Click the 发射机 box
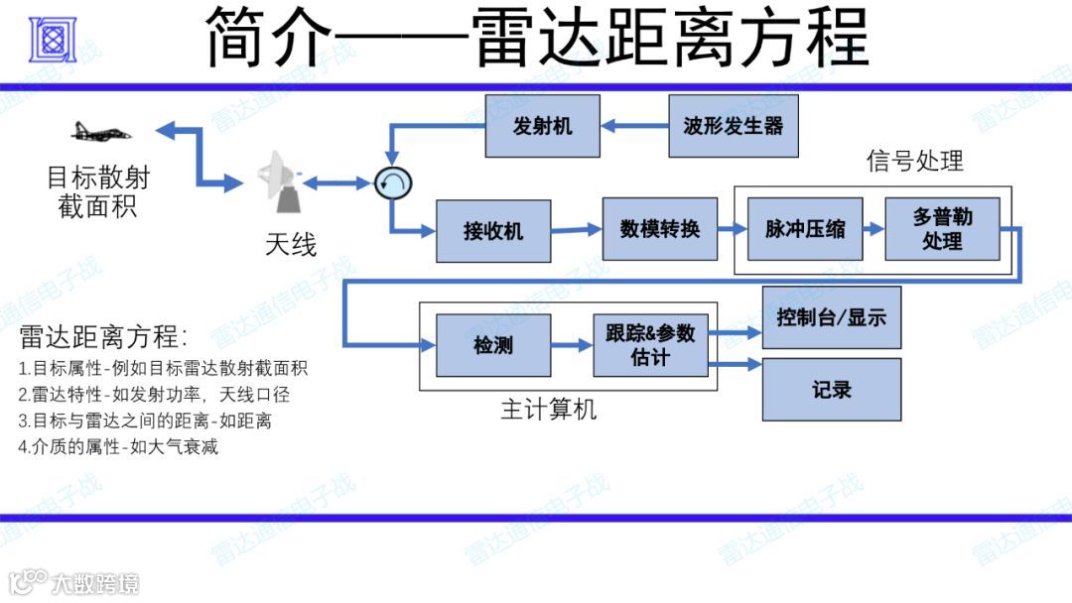pos(542,126)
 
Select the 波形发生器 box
pos(733,126)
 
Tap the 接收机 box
pos(493,231)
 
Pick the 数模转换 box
pos(659,229)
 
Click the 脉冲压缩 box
pos(805,229)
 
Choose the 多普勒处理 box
pos(942,229)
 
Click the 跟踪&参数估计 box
pos(650,345)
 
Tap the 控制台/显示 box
pos(831,318)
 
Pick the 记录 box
pos(831,389)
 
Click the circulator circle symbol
pos(392,182)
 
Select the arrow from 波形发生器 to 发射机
pos(635,126)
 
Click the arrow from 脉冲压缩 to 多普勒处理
pos(873,229)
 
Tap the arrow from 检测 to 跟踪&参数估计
pos(572,345)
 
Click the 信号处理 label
pos(914,161)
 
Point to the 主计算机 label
pos(549,409)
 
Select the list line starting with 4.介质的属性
pos(118,446)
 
